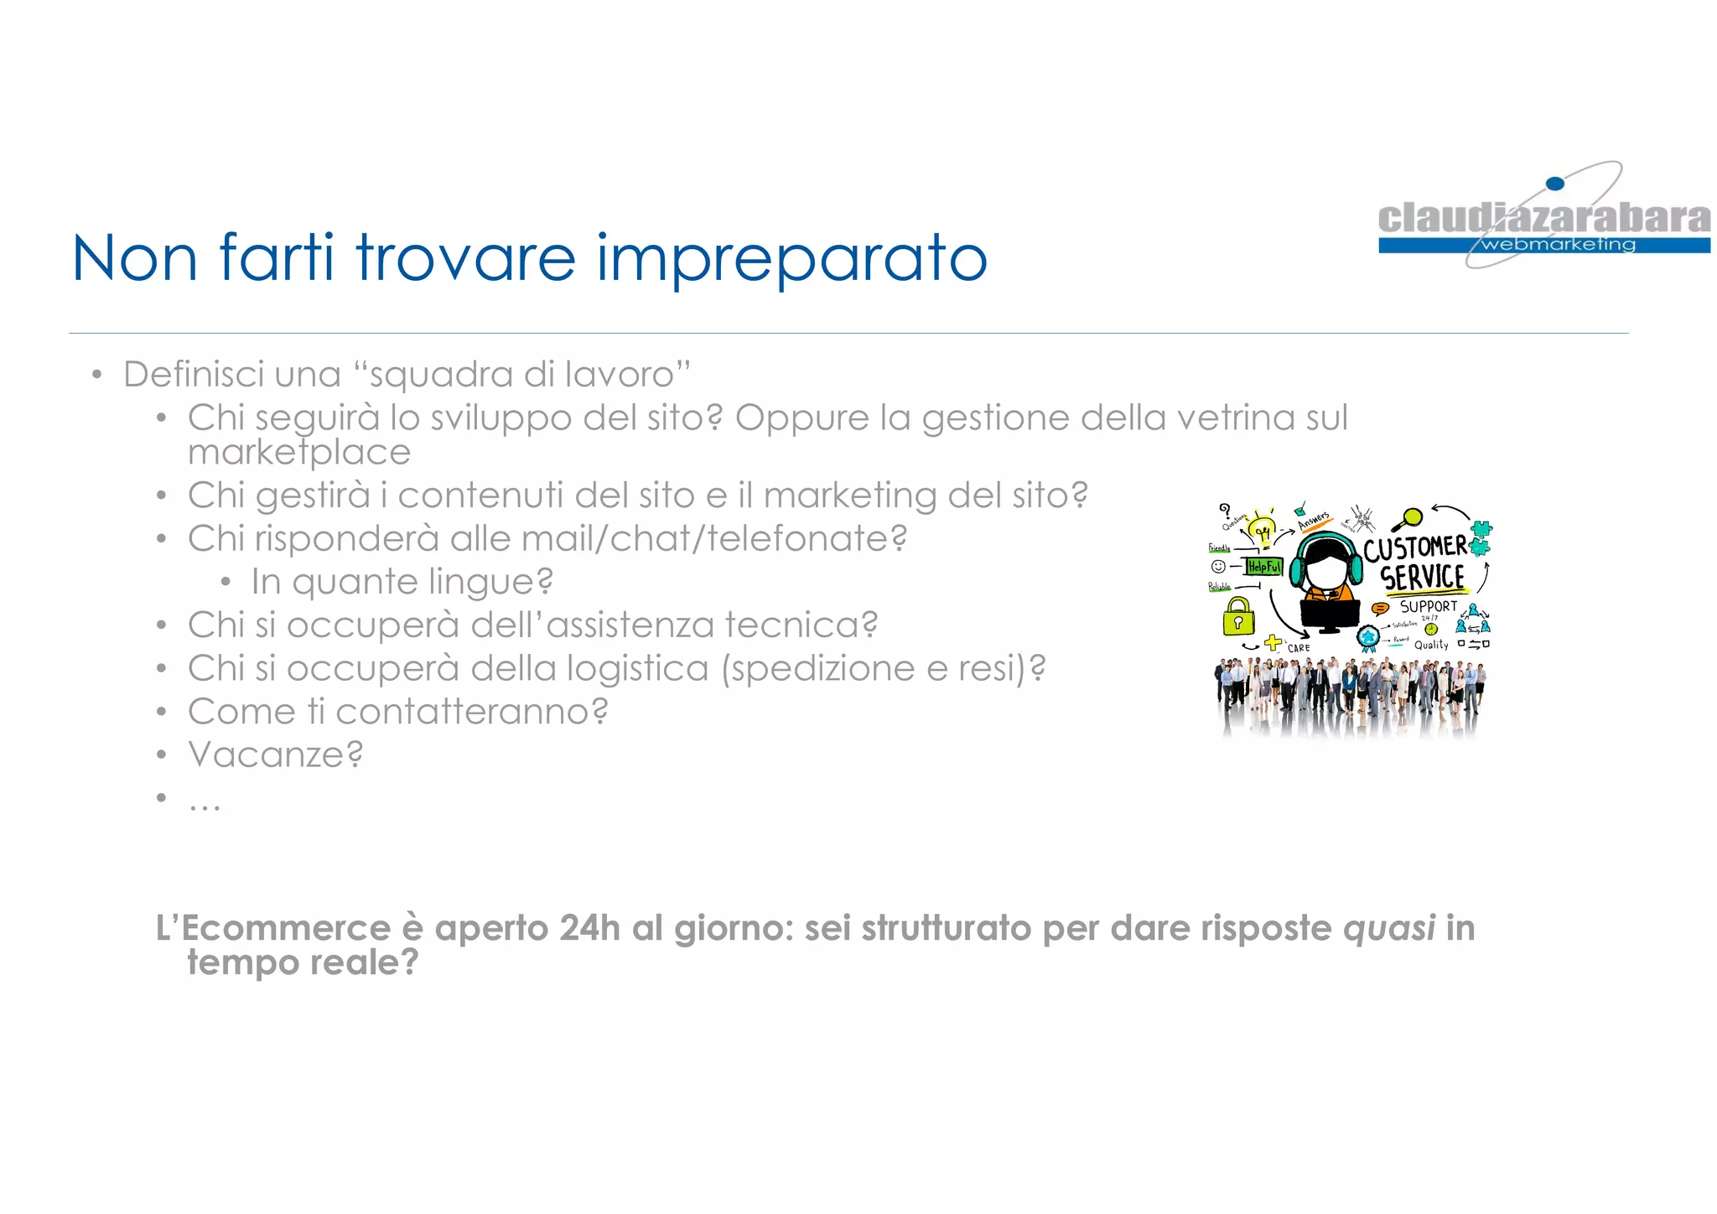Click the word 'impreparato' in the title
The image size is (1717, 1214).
(791, 259)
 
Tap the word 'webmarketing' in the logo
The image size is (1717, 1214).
(1559, 245)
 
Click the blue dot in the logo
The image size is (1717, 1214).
(1554, 184)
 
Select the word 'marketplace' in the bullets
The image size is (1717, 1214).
(299, 453)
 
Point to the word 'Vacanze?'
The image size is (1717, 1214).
(276, 755)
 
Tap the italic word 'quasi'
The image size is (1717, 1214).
(1389, 929)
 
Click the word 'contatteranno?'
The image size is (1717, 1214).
(471, 712)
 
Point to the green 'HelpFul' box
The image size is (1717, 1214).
(1264, 567)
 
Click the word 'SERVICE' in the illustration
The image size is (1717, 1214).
(1423, 578)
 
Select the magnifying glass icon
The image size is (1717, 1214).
(1408, 519)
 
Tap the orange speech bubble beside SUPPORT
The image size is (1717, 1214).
(1379, 608)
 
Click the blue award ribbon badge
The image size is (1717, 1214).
(1368, 637)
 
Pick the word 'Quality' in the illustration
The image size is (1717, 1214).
(1431, 645)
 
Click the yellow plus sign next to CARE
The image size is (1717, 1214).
(1273, 643)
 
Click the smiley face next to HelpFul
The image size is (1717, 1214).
(1219, 567)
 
